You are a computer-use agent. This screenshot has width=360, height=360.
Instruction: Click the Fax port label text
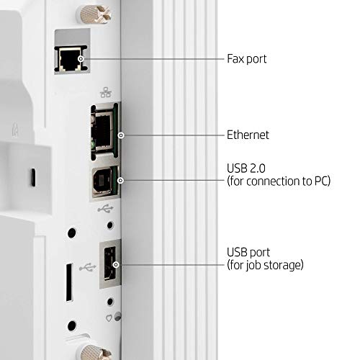(x=247, y=59)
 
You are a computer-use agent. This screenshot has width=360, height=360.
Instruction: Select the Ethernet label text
(x=248, y=135)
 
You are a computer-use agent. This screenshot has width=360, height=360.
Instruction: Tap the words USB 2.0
(x=246, y=168)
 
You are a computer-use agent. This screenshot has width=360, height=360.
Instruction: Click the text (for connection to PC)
(x=279, y=181)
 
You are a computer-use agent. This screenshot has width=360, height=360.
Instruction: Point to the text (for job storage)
(x=265, y=265)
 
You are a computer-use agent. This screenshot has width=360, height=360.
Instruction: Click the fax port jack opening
(x=70, y=59)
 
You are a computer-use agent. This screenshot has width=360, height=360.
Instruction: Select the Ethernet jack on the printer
(x=103, y=132)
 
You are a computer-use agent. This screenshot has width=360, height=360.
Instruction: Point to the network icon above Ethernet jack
(x=106, y=92)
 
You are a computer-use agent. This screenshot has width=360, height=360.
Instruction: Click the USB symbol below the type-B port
(x=106, y=209)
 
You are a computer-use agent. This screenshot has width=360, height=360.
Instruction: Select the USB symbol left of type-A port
(x=88, y=267)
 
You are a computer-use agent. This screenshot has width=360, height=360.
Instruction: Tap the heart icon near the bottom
(x=109, y=318)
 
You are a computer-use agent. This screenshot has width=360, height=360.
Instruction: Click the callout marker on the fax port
(x=81, y=58)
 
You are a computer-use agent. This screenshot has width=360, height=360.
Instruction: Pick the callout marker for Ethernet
(x=121, y=135)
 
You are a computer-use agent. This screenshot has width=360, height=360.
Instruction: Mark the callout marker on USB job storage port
(x=116, y=265)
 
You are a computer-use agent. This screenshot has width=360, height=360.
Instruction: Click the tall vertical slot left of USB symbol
(x=69, y=282)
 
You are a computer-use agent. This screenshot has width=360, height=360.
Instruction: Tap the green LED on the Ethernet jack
(x=92, y=145)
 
